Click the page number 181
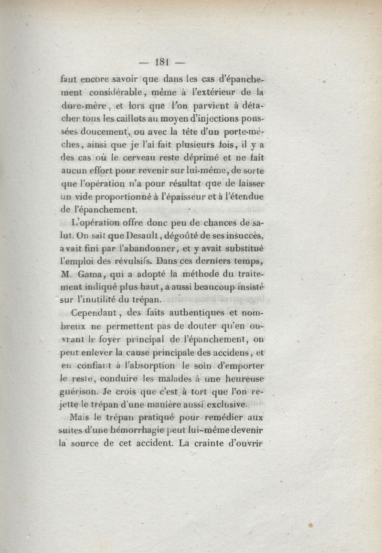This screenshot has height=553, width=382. coord(163,61)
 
